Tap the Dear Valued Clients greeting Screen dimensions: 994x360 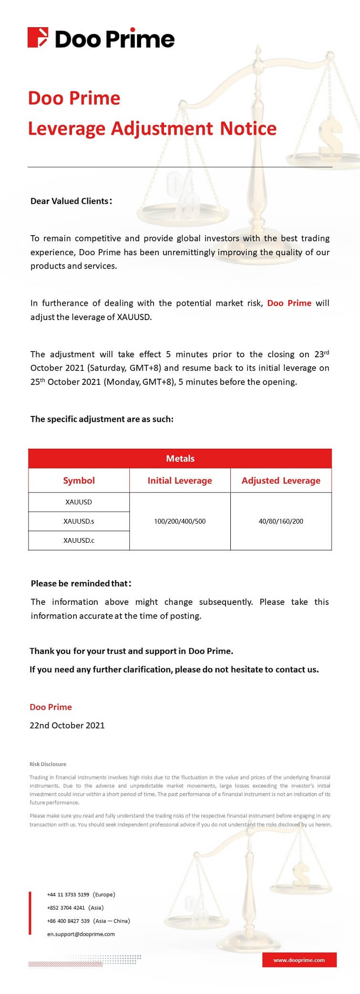coord(71,201)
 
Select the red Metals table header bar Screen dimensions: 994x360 coord(180,458)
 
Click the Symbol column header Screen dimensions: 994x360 coord(79,480)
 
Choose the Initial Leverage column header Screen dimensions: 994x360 coord(180,480)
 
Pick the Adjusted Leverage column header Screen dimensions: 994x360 coord(281,480)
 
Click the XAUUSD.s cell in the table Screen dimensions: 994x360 coord(79,521)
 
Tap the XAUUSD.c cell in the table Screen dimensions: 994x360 coord(79,540)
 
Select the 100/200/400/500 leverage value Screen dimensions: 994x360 coord(180,521)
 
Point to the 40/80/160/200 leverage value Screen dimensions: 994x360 coord(281,521)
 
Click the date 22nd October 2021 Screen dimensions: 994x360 coord(67,725)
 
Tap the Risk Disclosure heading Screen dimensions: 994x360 coord(48,764)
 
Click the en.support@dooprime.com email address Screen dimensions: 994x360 coord(81,934)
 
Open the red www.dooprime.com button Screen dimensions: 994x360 coord(299,960)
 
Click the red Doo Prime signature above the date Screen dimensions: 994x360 coord(51,707)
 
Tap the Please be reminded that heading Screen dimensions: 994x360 coord(81,583)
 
